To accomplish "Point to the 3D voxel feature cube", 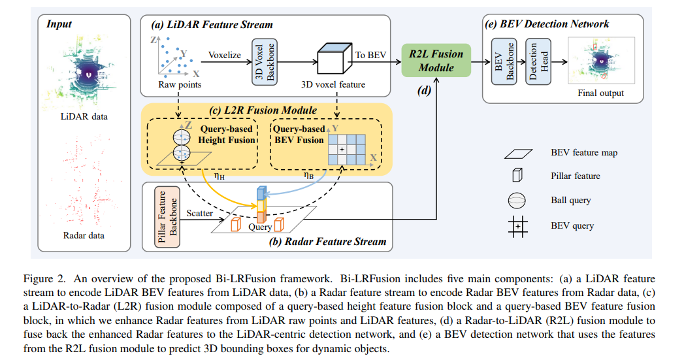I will click(333, 60).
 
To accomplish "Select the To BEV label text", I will click(370, 55).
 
